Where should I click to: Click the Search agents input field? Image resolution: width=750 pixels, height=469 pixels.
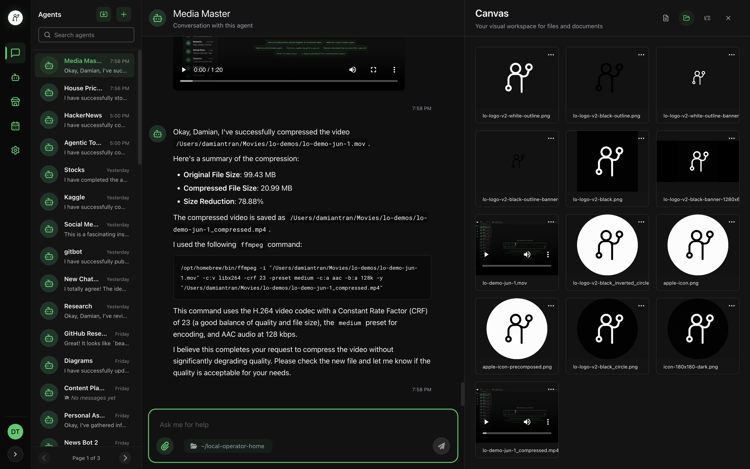click(x=86, y=35)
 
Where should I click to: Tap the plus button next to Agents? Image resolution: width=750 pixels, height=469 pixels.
click(x=123, y=14)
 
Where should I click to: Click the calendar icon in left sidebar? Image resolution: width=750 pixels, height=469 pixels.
click(x=15, y=126)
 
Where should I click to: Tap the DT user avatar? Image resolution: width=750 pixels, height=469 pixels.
click(x=15, y=431)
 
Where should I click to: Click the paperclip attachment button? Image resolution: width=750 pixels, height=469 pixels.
click(x=165, y=446)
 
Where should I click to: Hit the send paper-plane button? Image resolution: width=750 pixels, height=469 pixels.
click(x=441, y=446)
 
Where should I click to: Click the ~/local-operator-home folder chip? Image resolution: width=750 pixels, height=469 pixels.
click(x=228, y=446)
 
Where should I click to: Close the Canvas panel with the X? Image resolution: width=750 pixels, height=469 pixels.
click(x=728, y=18)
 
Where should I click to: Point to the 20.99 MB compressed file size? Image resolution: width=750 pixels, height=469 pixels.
click(x=276, y=188)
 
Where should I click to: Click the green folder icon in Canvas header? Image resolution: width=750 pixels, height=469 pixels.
click(x=686, y=18)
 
